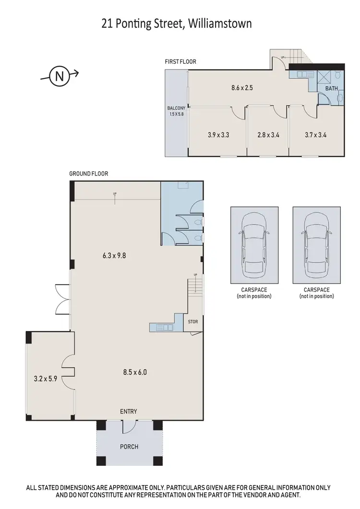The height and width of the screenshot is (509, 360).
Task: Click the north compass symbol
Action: (x=59, y=75)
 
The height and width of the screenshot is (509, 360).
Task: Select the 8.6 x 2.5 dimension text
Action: (x=242, y=88)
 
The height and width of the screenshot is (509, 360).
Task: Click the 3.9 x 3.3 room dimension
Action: (x=218, y=135)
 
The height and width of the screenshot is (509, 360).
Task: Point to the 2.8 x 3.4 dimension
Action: (x=268, y=135)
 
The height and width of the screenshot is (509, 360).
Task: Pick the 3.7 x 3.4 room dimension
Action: (x=316, y=135)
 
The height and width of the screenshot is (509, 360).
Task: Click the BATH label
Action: (x=331, y=89)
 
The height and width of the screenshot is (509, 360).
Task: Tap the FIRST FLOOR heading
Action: (x=180, y=62)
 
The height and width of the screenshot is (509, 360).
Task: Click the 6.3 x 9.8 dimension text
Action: (x=114, y=256)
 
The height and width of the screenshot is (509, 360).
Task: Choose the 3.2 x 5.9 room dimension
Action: (x=46, y=379)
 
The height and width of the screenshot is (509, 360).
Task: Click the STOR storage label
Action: (x=192, y=322)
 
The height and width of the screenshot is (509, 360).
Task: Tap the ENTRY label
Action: (x=129, y=412)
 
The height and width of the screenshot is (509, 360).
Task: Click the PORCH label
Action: (x=129, y=447)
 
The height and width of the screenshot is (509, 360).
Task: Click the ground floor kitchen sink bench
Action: (x=162, y=328)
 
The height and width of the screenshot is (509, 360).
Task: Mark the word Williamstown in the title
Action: (x=220, y=23)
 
